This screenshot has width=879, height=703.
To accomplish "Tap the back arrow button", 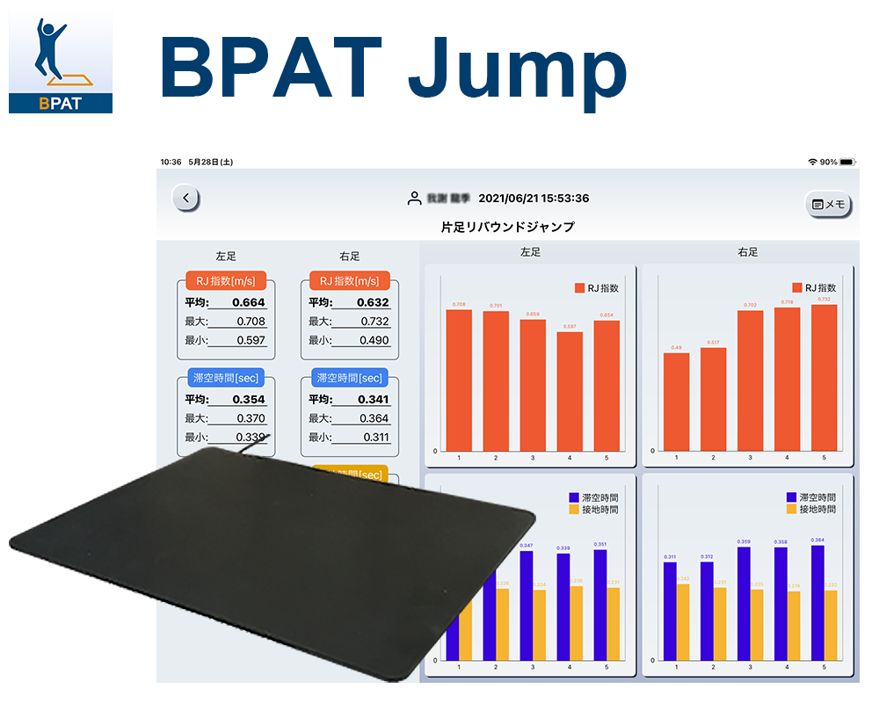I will pyautogui.click(x=185, y=199).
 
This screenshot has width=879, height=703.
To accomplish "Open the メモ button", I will pyautogui.click(x=829, y=204).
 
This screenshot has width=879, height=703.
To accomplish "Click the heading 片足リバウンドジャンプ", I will pyautogui.click(x=507, y=227).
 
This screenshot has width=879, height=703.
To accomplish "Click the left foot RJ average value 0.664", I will pyautogui.click(x=248, y=302).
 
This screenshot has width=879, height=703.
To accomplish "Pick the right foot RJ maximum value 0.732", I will pyautogui.click(x=374, y=322).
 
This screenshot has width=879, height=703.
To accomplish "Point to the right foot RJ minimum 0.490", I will pyautogui.click(x=374, y=341).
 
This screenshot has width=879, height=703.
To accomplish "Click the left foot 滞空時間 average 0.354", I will pyautogui.click(x=248, y=399).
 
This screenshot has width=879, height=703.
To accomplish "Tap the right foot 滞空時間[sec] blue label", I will pyautogui.click(x=350, y=378).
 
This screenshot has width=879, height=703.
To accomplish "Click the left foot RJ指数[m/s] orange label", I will pyautogui.click(x=226, y=281).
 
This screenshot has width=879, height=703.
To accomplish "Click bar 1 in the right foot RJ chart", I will pyautogui.click(x=676, y=402).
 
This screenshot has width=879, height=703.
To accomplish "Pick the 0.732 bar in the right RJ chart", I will pyautogui.click(x=824, y=378).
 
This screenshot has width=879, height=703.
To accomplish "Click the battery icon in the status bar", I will pyautogui.click(x=847, y=163).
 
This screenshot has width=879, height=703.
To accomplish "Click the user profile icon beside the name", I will pyautogui.click(x=414, y=199).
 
